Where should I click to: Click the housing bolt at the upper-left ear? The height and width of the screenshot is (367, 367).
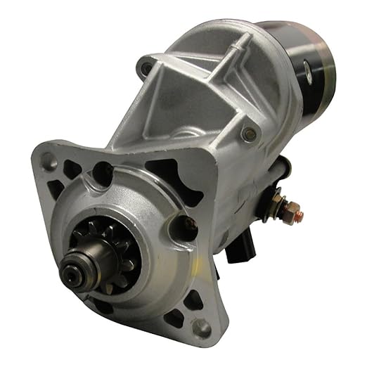(147, 68)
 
